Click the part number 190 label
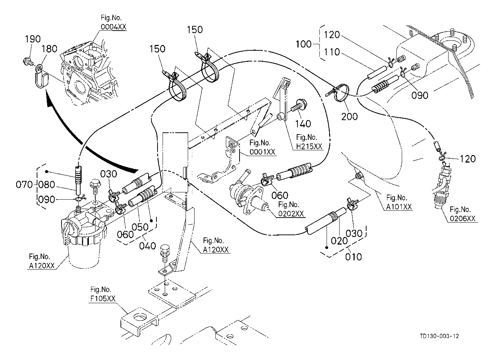(x=32, y=39)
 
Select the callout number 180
(x=50, y=49)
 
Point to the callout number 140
(x=303, y=124)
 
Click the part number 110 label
(x=332, y=53)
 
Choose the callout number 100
(x=304, y=44)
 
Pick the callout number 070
(x=24, y=185)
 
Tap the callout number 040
(x=148, y=246)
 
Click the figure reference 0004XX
(x=114, y=27)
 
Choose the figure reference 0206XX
(x=463, y=218)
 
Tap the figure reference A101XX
(x=399, y=207)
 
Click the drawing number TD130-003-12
(x=439, y=336)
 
